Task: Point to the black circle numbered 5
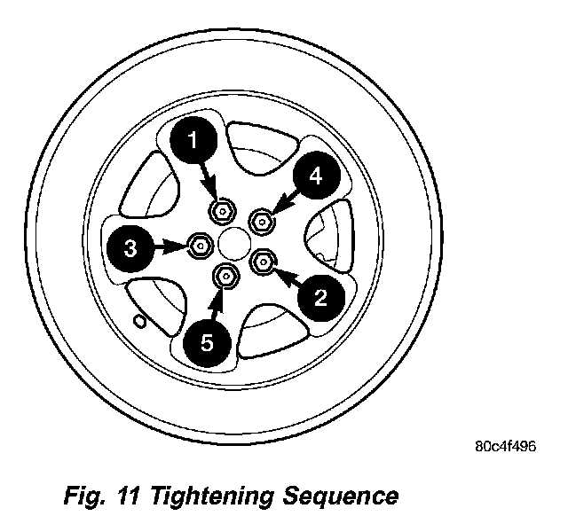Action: pos(207,343)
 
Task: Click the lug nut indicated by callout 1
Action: pos(222,210)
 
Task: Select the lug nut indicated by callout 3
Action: pos(201,244)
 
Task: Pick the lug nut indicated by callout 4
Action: pos(263,217)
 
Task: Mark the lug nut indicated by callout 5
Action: pos(225,278)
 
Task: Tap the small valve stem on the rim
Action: pos(138,319)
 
